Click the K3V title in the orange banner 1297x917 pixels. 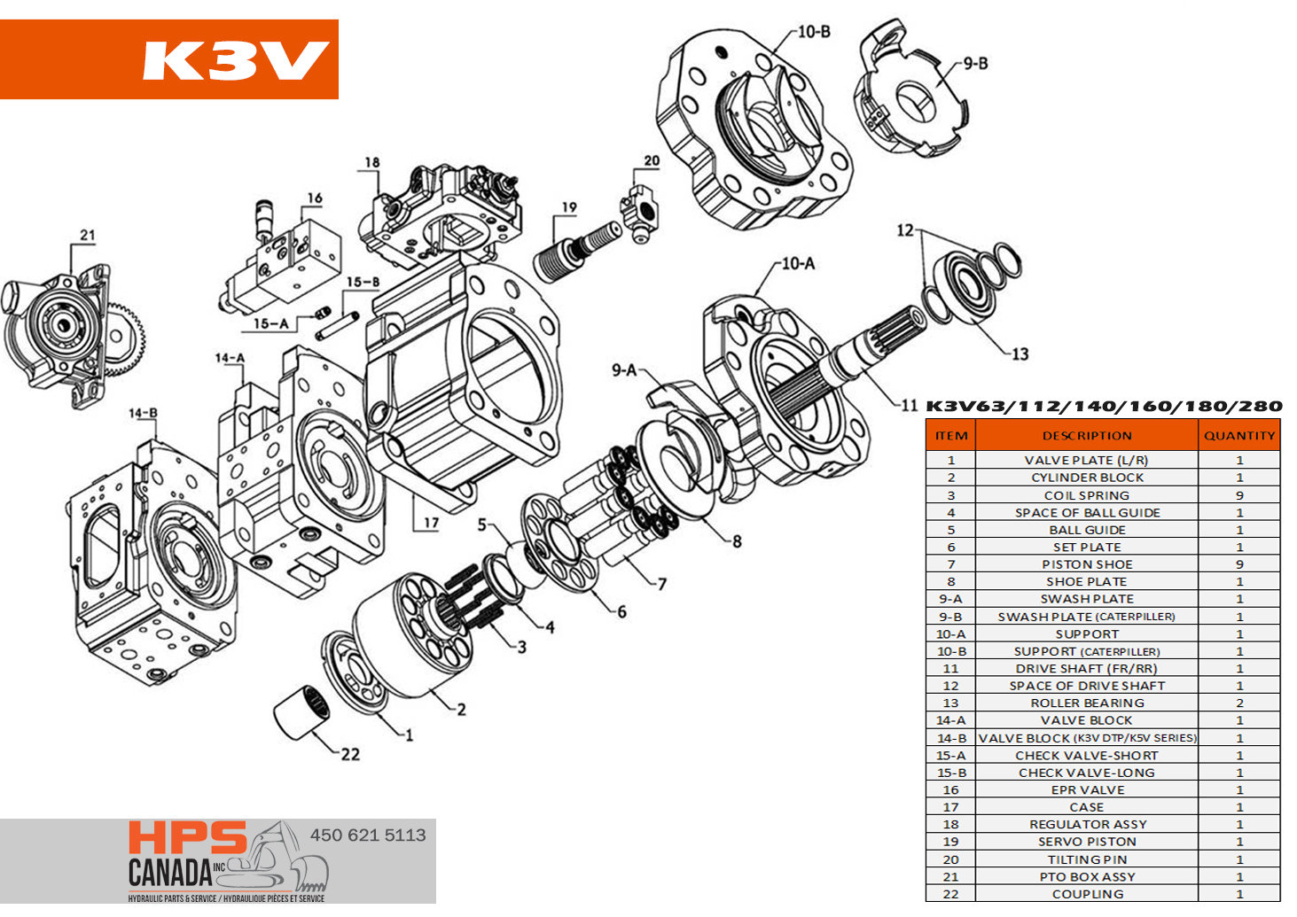click(x=235, y=60)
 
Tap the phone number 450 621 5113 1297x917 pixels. click(x=367, y=835)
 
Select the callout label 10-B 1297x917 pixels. click(x=813, y=32)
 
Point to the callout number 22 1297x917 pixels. click(x=350, y=754)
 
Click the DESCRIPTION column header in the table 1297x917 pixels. click(x=1086, y=435)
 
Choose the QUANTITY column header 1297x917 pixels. click(x=1238, y=435)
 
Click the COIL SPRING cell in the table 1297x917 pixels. click(x=1086, y=495)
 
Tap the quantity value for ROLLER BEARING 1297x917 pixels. click(x=1238, y=703)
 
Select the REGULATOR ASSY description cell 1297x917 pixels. click(x=1086, y=824)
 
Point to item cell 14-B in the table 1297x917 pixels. click(x=950, y=738)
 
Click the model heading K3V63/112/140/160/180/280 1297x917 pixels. click(x=1103, y=407)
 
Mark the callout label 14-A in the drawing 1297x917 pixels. click(x=230, y=358)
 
